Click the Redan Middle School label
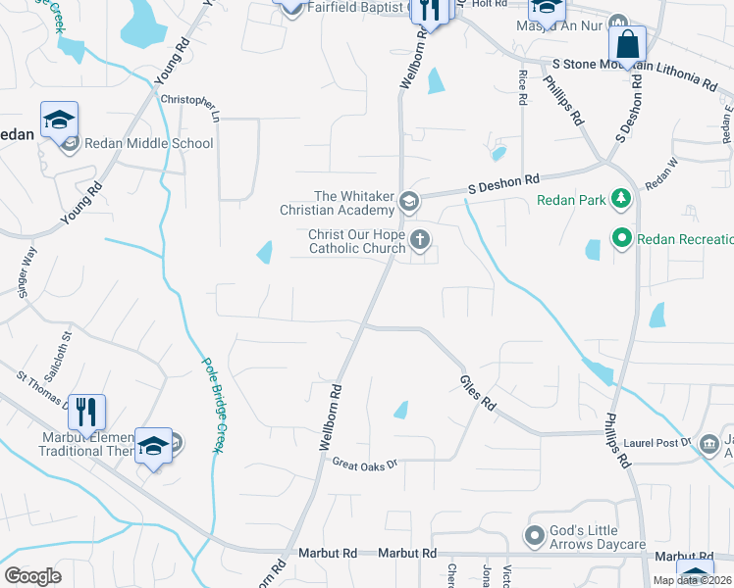click(x=149, y=144)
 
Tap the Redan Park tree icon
click(x=620, y=201)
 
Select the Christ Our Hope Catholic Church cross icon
click(x=420, y=239)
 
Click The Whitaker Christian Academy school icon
click(x=408, y=203)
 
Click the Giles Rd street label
click(x=478, y=392)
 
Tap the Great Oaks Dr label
click(x=364, y=464)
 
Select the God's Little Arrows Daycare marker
click(x=535, y=535)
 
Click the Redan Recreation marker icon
click(x=621, y=238)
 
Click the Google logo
click(x=32, y=576)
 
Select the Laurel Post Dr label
click(x=655, y=442)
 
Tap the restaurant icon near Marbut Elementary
click(x=86, y=411)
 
